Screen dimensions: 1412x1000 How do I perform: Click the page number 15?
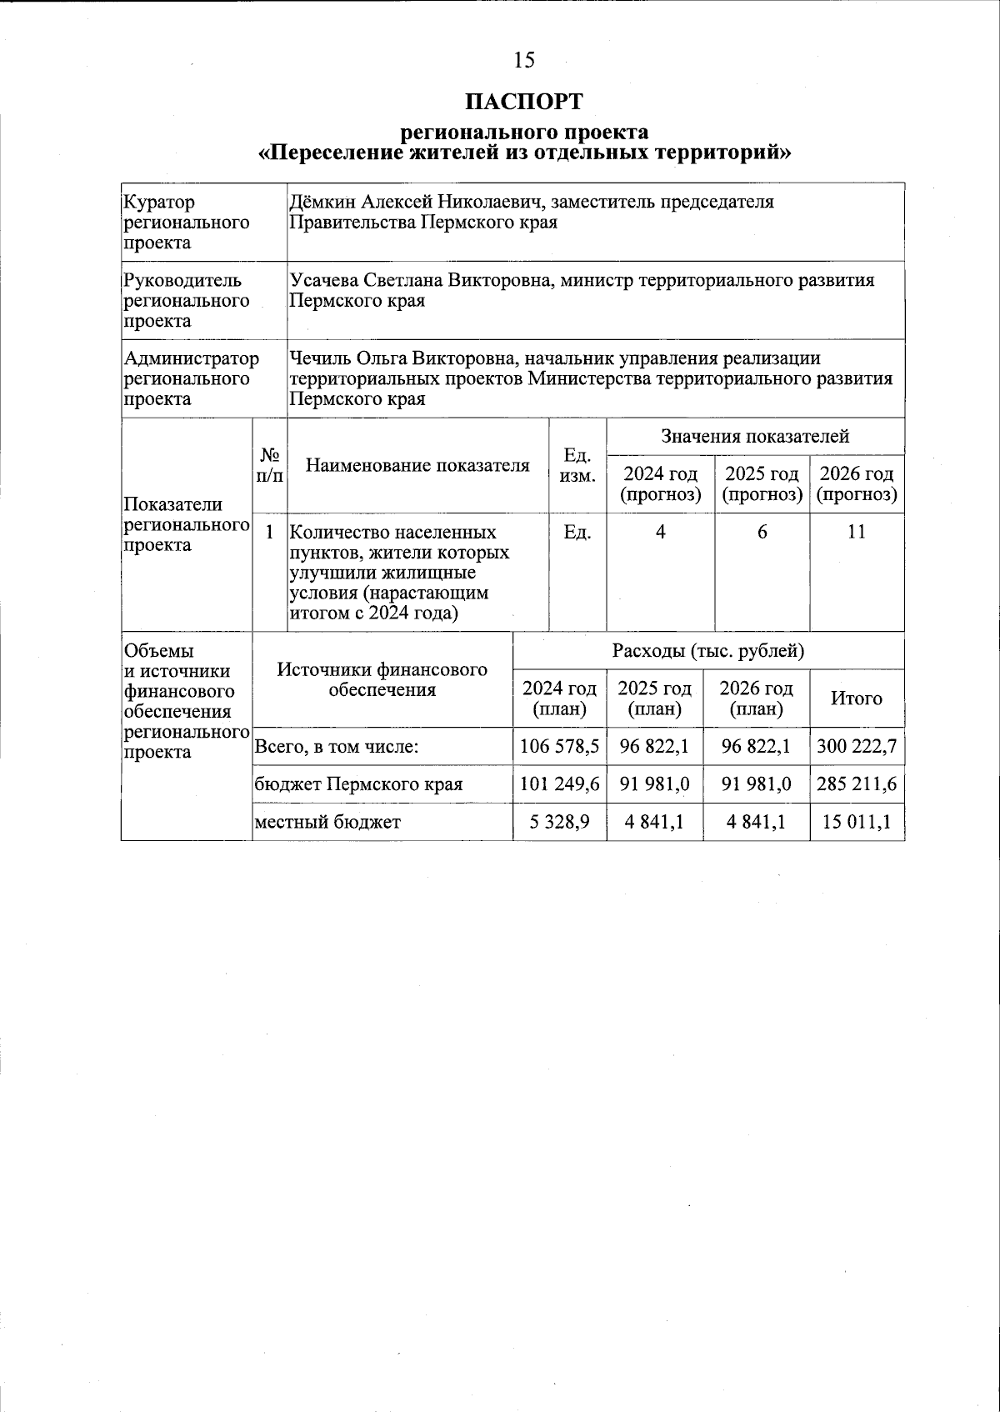(524, 60)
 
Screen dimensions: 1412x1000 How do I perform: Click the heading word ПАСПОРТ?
(524, 102)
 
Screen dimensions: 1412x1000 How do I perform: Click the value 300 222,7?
(857, 747)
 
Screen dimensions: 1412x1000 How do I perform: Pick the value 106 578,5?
(559, 747)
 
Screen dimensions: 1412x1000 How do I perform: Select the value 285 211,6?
(857, 784)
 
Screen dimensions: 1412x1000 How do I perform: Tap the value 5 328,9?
(559, 822)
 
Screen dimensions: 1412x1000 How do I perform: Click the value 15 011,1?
(857, 822)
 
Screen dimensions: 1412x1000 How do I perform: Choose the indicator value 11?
(857, 532)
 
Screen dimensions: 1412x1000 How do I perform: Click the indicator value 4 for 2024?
(660, 532)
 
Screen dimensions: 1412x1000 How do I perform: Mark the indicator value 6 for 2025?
(762, 532)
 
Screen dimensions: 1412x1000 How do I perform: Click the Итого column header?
(857, 698)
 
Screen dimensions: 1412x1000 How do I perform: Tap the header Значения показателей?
(755, 436)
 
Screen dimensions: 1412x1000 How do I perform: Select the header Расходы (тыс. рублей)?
(708, 651)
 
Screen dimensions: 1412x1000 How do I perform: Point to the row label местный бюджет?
(327, 822)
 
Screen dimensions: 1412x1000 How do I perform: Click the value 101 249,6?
(559, 784)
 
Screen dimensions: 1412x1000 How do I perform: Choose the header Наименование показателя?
(417, 465)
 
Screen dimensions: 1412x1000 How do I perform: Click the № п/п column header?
(269, 465)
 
